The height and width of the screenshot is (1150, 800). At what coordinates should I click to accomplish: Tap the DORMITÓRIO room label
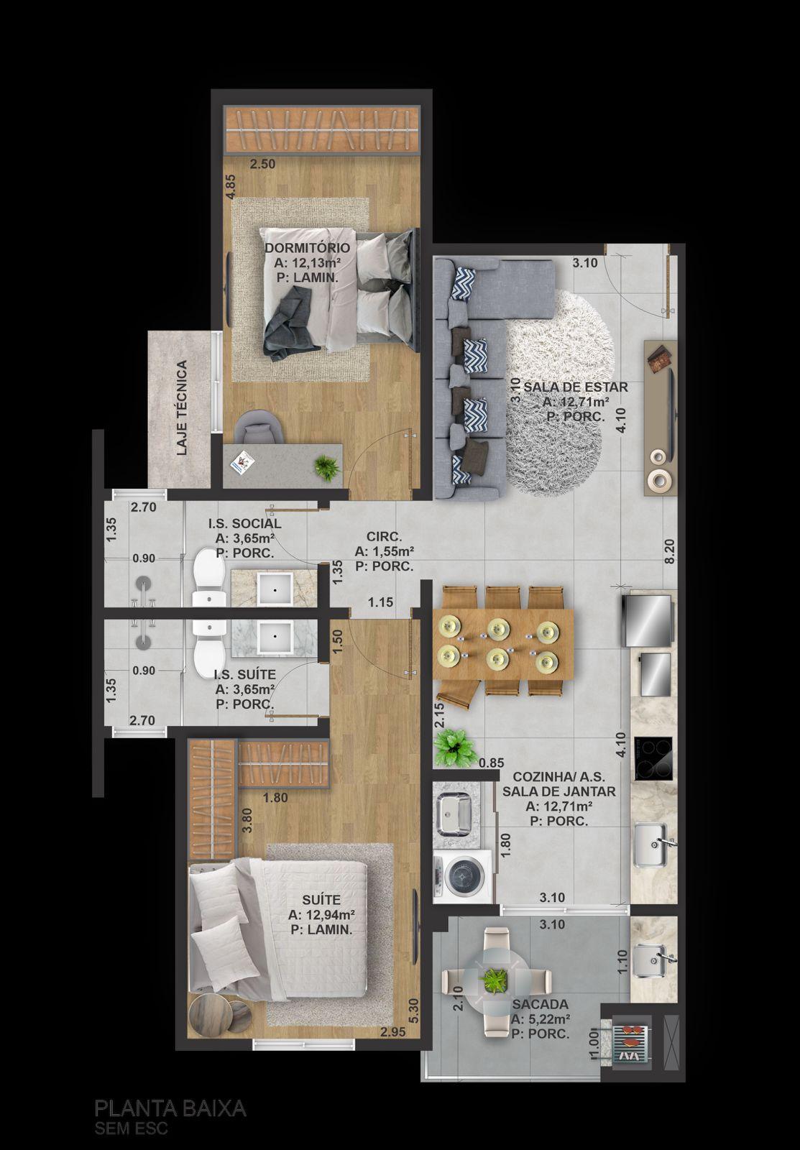click(308, 248)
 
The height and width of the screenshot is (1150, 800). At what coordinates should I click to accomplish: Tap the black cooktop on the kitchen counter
click(653, 758)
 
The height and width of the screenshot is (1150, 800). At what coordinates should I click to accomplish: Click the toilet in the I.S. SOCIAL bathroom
click(209, 575)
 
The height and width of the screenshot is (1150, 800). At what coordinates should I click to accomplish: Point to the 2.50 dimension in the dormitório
click(263, 165)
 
